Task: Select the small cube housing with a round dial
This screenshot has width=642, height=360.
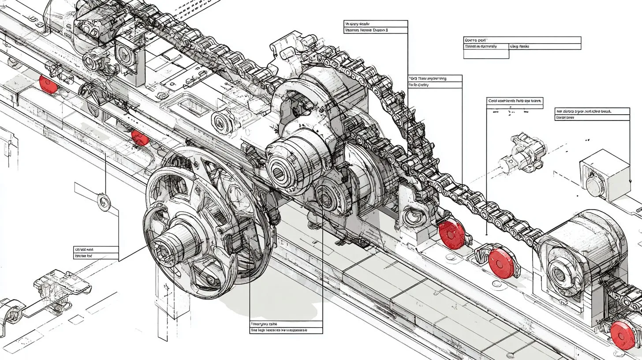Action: [605, 175]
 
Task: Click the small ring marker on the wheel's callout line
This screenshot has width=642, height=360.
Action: [104, 201]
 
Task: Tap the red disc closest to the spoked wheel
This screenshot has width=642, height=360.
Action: [140, 137]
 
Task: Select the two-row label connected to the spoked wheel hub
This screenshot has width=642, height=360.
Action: [96, 252]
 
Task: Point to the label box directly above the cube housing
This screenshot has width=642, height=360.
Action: [592, 114]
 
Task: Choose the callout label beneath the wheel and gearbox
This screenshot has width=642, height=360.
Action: [286, 327]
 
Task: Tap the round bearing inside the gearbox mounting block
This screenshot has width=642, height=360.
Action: [412, 216]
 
